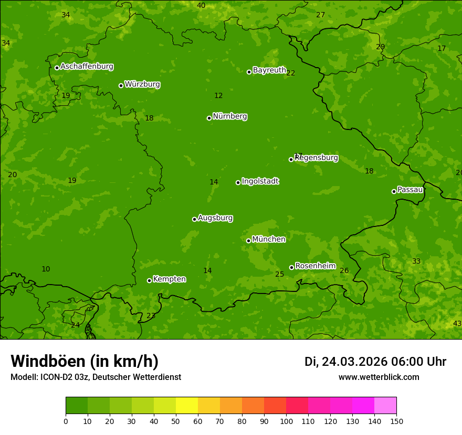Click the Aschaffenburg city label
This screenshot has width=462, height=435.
coord(87,67)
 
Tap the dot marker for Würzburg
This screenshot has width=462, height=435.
coord(121,85)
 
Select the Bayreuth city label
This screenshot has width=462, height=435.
coord(269,70)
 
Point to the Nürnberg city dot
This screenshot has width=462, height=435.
coord(209,118)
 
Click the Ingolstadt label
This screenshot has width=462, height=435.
coord(260,181)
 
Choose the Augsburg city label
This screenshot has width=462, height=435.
coord(215,217)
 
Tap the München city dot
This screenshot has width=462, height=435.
coord(248,241)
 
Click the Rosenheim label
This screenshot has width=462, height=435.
coord(315,266)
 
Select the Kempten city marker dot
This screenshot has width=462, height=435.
coord(149,280)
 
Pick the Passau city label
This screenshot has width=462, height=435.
coord(410,189)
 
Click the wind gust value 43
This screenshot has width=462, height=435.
coord(457,323)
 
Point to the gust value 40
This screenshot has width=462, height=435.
coord(201,5)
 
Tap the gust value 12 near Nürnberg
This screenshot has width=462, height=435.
coord(218,95)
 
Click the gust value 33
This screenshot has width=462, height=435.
coord(416,261)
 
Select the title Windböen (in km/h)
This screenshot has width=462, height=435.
coord(85,361)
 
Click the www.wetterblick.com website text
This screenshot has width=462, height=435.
coord(379,377)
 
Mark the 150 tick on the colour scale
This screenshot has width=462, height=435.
coord(396,421)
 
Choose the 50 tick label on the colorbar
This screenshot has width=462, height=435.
coord(176,421)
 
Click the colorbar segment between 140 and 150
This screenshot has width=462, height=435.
coord(385,406)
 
